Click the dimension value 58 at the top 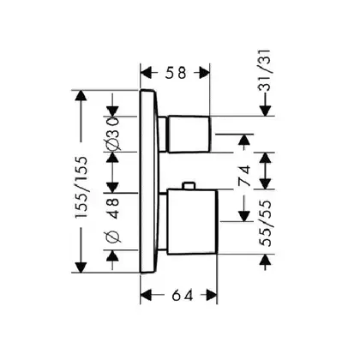pos(176,73)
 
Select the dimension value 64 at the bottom pos(183,295)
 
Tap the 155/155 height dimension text pos(81,188)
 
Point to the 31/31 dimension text pos(264,70)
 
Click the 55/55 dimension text pos(265,224)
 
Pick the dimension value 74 pos(244,176)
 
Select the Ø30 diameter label pos(113,133)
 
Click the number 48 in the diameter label pos(113,208)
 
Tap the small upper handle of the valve pos(189,134)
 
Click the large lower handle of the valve pos(192,222)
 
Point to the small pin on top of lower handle pos(189,186)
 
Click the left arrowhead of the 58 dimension pos(146,73)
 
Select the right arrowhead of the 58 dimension pos(205,73)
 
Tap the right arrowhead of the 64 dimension pos(212,295)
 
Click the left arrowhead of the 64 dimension pos(146,295)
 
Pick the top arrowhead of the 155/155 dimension pos(81,95)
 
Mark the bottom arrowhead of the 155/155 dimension pos(81,267)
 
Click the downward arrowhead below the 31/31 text pos(266,111)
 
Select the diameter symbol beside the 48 pos(113,237)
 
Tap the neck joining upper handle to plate pos(163,134)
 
